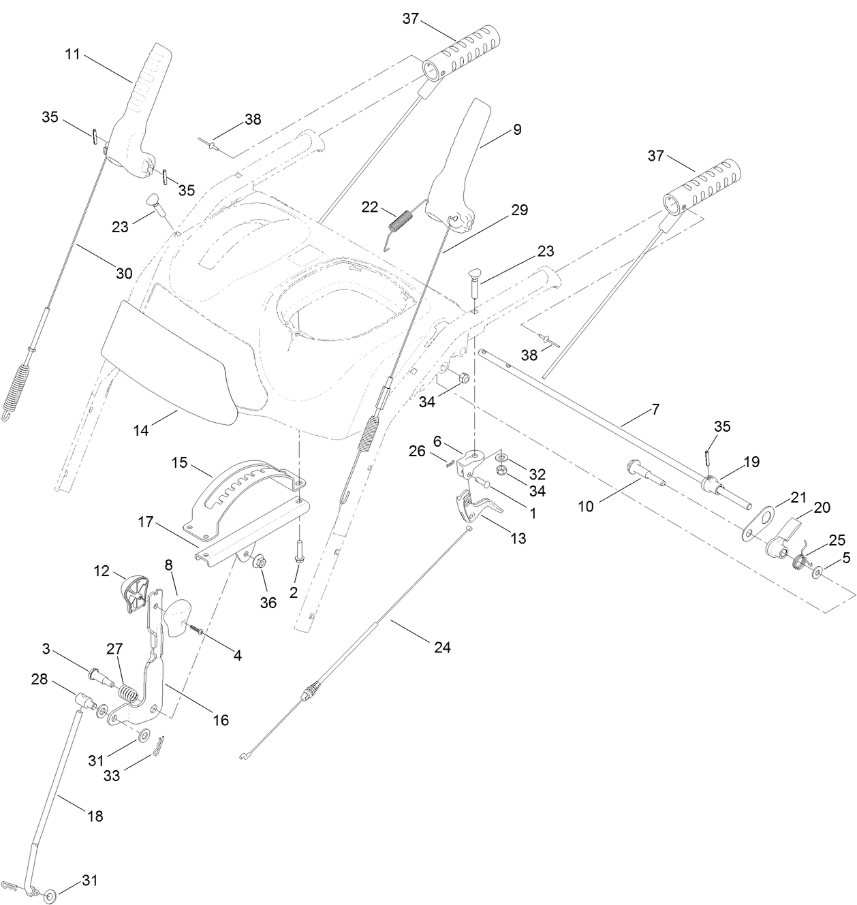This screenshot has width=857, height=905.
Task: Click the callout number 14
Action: tap(141, 430)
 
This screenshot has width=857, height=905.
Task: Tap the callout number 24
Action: tap(443, 647)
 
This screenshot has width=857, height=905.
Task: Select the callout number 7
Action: tap(655, 409)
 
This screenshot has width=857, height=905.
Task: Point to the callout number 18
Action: tap(95, 816)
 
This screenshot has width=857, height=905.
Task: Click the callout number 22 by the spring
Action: tap(370, 207)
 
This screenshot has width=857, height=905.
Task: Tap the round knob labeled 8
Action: tap(179, 618)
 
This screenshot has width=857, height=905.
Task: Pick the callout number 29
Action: tap(519, 210)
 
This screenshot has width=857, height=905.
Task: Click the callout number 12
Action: tap(102, 571)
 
